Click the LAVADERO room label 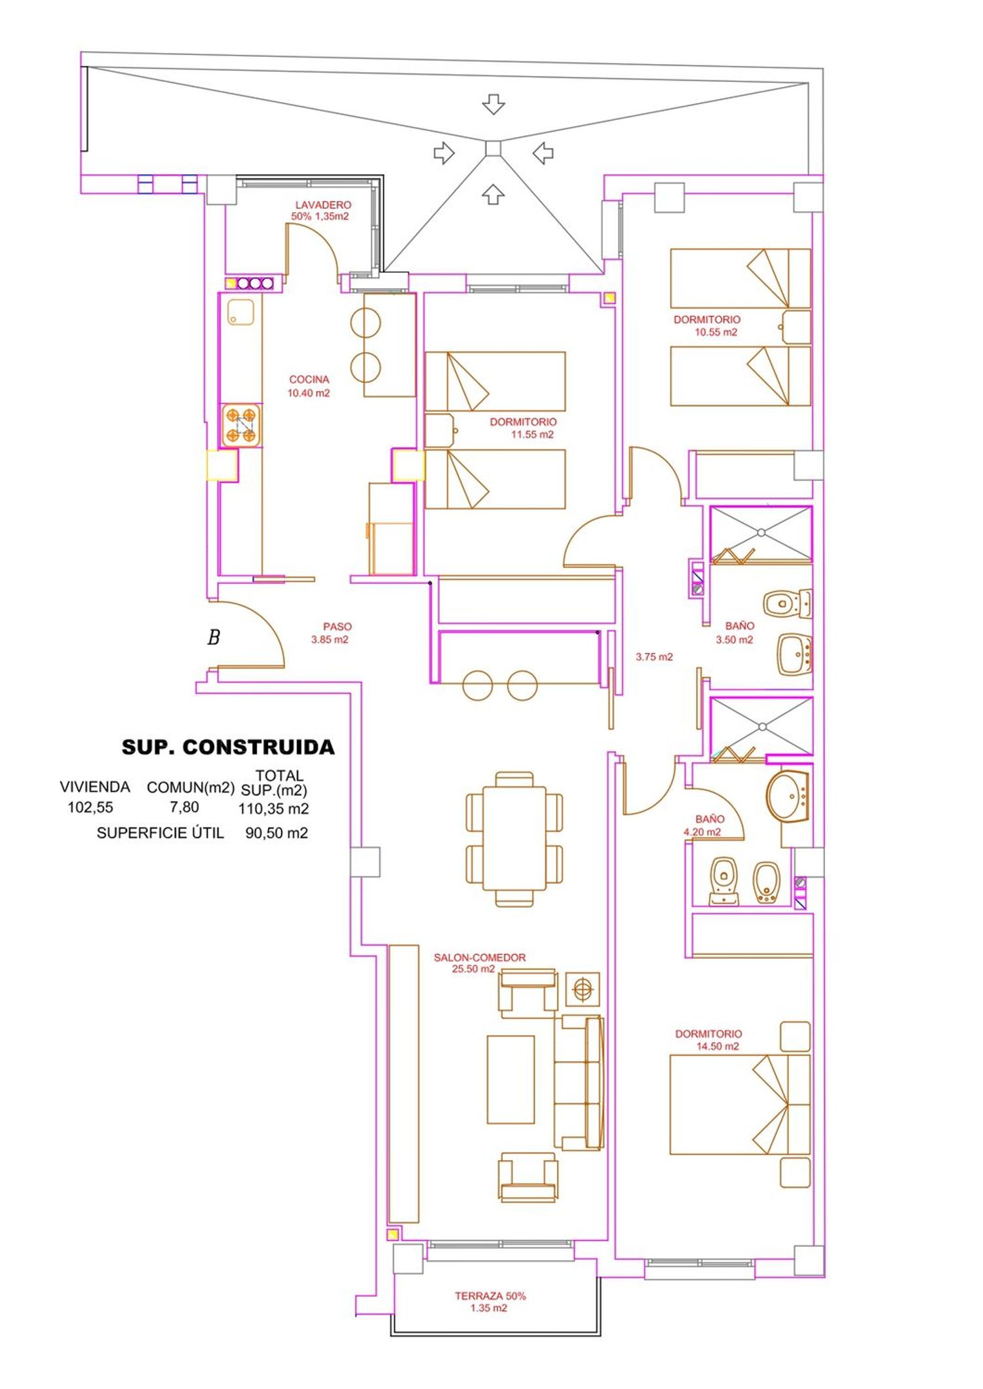323,205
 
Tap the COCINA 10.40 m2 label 309,386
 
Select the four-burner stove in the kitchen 241,426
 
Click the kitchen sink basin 241,312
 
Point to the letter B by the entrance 214,637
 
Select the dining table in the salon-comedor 514,839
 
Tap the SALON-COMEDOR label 480,957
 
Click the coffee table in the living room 511,1079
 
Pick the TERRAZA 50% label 490,1296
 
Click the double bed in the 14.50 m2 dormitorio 740,1104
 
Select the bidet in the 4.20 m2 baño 767,881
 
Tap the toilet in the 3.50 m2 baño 788,603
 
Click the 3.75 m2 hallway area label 654,657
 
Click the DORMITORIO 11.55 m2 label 523,428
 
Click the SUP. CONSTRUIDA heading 228,747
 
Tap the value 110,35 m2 273,809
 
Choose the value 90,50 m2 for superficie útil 277,833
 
